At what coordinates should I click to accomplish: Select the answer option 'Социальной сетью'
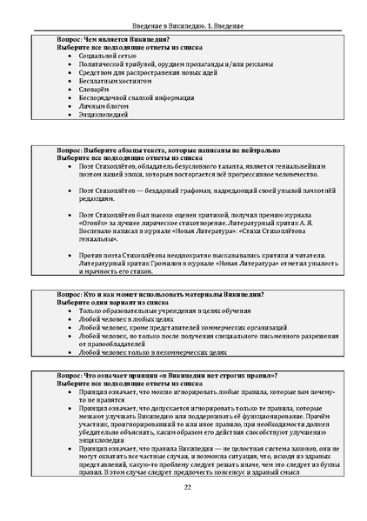tap(106, 54)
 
